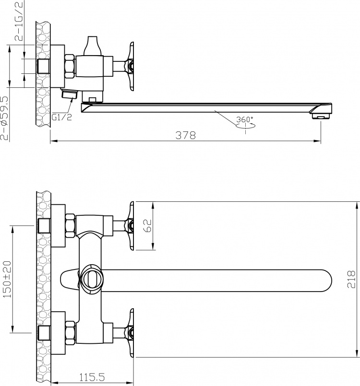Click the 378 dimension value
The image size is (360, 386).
coord(186,135)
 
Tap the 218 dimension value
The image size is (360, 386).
coord(351,279)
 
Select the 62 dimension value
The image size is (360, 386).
coord(147,225)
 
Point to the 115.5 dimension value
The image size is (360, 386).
coord(92,377)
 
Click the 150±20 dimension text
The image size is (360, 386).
coord(7,279)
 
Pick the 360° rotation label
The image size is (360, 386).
coord(245,120)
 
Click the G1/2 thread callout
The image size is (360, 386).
coord(62,117)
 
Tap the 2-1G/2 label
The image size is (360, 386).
coord(19,21)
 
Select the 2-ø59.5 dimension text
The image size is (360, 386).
coord(4,118)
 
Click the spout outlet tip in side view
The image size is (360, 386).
coord(321,116)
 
